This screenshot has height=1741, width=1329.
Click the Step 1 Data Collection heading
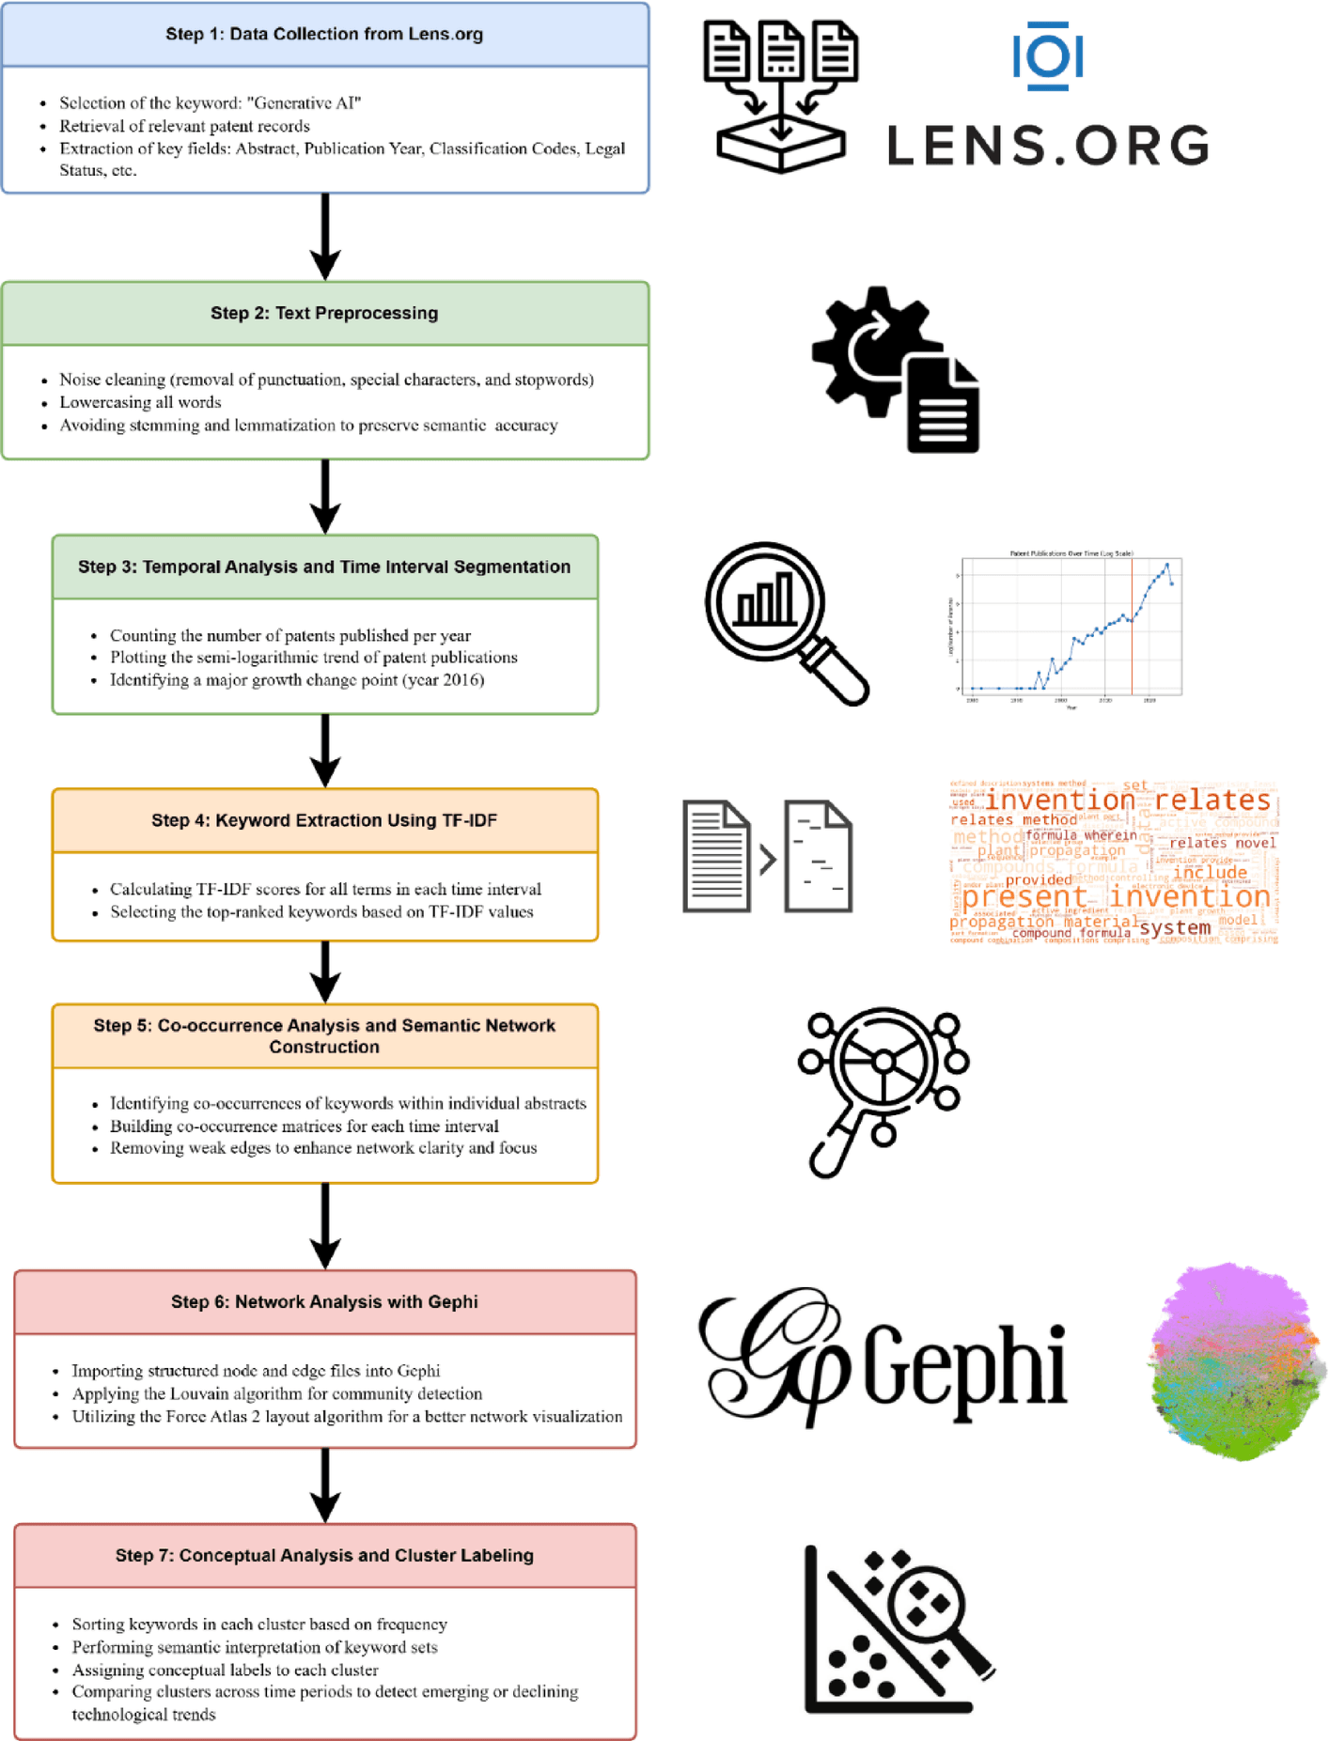click(x=324, y=35)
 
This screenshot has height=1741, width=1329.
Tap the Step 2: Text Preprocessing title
click(x=324, y=314)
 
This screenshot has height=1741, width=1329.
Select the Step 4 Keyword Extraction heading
click(x=324, y=821)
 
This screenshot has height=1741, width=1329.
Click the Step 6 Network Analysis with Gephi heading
click(x=324, y=1302)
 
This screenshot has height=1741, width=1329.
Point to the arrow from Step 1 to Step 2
click(x=325, y=236)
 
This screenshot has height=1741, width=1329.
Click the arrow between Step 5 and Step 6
click(x=325, y=1225)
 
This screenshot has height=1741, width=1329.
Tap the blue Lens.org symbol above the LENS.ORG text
click(x=1047, y=56)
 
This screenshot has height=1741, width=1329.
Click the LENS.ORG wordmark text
click(x=1047, y=146)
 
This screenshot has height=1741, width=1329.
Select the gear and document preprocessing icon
click(x=896, y=370)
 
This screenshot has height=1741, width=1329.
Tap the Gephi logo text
click(x=883, y=1359)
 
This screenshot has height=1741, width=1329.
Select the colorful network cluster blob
click(x=1236, y=1362)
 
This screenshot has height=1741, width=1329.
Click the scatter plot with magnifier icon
click(x=898, y=1630)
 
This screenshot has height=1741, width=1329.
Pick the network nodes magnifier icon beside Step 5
click(x=883, y=1090)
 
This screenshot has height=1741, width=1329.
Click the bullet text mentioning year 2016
click(x=296, y=680)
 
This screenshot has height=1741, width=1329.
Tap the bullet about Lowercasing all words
click(x=141, y=403)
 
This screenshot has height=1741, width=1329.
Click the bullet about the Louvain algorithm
click(x=277, y=1394)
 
